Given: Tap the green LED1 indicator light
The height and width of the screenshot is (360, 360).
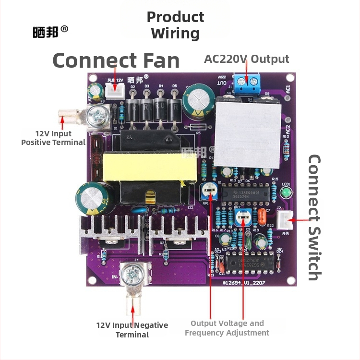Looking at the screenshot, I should [x=286, y=193].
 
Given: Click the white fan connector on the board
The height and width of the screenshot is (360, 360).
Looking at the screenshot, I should [x=114, y=90].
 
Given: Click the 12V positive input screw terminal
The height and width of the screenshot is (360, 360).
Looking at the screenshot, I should [x=101, y=116].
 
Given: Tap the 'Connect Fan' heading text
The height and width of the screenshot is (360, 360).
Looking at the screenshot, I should [x=116, y=61].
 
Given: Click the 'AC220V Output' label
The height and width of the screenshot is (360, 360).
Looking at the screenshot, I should [x=246, y=59].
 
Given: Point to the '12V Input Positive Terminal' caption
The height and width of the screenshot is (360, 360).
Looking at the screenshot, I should [x=53, y=138].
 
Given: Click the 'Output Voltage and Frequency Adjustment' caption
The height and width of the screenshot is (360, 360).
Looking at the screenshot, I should [x=227, y=328].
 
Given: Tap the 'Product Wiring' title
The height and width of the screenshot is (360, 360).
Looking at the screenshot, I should [x=175, y=25].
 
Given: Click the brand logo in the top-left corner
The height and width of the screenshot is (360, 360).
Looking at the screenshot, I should [x=50, y=31].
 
